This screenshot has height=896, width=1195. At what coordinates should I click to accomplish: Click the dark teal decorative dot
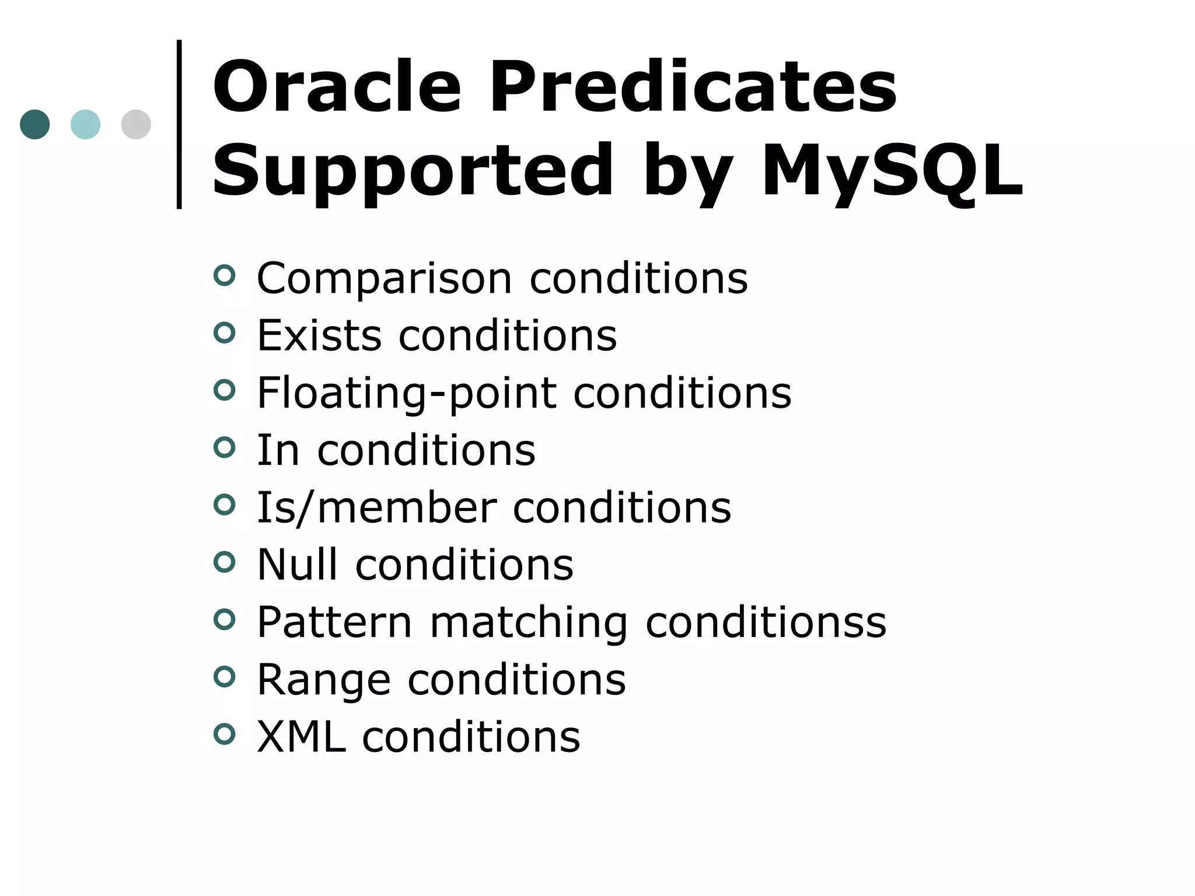click(x=35, y=124)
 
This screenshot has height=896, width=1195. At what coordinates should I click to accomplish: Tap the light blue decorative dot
click(x=85, y=124)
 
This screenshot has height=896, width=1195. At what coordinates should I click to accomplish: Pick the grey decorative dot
click(x=136, y=124)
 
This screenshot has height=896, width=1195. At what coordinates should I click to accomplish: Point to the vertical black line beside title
click(x=179, y=124)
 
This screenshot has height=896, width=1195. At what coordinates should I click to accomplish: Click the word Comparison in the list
click(x=384, y=279)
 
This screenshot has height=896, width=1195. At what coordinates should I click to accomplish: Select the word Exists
click(x=319, y=335)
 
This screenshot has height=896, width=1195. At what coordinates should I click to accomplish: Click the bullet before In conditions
click(x=225, y=448)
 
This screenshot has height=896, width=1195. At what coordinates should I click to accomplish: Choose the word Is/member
click(x=376, y=508)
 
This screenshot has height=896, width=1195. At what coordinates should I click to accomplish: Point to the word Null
click(x=297, y=565)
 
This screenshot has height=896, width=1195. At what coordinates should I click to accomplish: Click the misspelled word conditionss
click(x=766, y=622)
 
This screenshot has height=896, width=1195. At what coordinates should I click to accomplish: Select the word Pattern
click(x=334, y=622)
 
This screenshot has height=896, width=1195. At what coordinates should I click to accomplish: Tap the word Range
click(x=323, y=680)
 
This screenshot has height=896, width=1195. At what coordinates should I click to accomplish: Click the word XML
click(x=301, y=737)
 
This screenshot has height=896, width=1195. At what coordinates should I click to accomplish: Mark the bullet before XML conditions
click(x=225, y=734)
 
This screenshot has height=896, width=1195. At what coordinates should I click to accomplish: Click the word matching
click(x=529, y=623)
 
